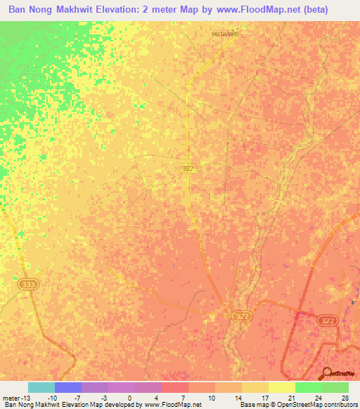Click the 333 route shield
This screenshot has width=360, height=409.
coord(27,284)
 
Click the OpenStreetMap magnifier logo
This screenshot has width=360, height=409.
coord(328,373)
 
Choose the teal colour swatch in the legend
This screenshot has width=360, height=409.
coord(41,387)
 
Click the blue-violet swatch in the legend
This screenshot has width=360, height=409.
coord(68,387)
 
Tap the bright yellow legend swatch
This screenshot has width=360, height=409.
coord(282,387)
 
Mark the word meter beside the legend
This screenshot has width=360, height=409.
coord(11,397)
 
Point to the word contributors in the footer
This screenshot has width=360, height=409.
coord(339,405)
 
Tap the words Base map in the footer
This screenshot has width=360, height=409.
coord(252,405)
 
